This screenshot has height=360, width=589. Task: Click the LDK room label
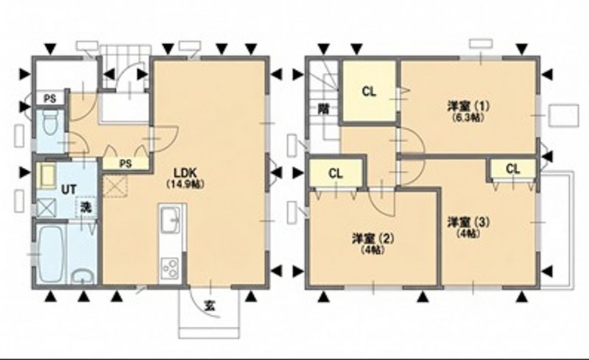coord(186,173)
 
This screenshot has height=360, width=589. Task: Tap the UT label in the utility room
coord(68,189)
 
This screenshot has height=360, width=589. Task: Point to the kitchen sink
coord(171,220)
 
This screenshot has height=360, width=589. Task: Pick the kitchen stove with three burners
coord(171,268)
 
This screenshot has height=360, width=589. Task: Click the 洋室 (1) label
coord(468,105)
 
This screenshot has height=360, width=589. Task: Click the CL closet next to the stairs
coord(369,91)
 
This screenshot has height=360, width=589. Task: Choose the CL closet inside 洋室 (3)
coord(512,169)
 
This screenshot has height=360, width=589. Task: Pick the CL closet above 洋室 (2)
coord(336,173)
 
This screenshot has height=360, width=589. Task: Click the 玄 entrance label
coord(210,306)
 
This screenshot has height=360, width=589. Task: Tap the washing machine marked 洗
coord(86,207)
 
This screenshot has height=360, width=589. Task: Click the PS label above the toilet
coord(50,99)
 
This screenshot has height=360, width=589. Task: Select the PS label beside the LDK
coord(125,163)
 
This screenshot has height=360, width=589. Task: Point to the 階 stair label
coord(323,109)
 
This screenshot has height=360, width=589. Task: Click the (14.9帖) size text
coord(186,184)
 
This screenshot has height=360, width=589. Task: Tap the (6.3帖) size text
coord(468,117)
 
